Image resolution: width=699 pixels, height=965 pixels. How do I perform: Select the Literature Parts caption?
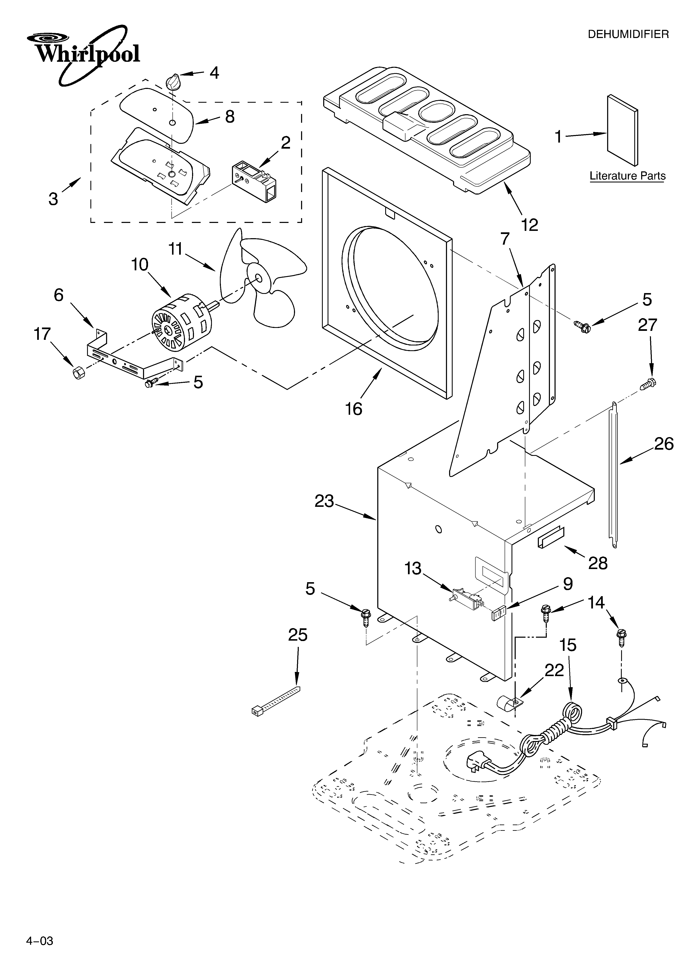(627, 176)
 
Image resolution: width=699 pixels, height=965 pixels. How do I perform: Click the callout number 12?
(529, 225)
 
